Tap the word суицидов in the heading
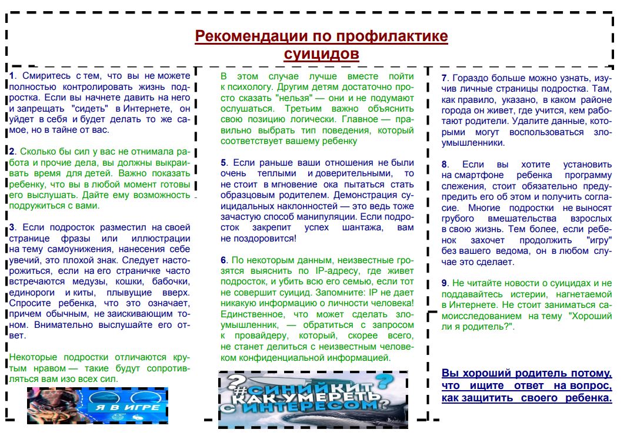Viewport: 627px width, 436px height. tap(321, 54)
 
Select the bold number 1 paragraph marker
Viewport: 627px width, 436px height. tap(11, 76)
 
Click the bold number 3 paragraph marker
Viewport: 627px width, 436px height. tap(11, 226)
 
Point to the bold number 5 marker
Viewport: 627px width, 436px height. tap(224, 163)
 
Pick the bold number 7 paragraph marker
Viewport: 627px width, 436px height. tap(445, 78)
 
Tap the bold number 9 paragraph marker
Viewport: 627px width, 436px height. tap(445, 283)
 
